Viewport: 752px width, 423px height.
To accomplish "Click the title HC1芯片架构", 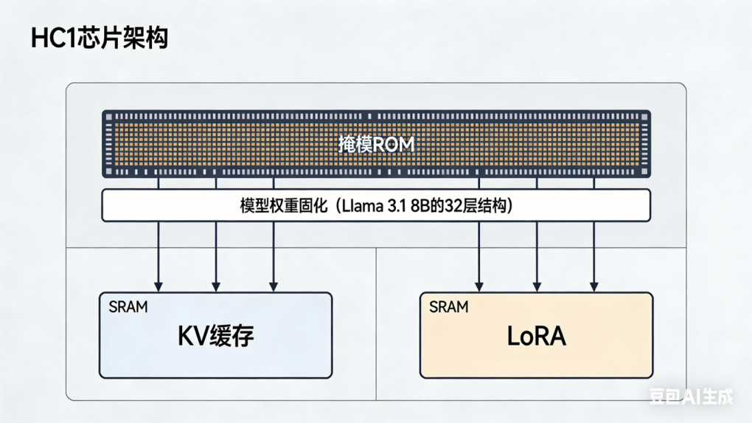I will (x=100, y=38).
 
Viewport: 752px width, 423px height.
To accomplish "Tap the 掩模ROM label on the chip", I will (x=376, y=144).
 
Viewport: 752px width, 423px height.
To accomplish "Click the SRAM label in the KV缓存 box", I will (x=128, y=306).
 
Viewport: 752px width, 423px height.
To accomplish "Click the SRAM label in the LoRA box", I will (x=448, y=306).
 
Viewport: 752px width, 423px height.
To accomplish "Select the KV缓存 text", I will (x=215, y=337).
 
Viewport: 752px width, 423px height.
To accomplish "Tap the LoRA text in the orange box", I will (x=536, y=337).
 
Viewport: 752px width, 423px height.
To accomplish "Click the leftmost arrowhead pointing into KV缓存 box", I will (x=159, y=286).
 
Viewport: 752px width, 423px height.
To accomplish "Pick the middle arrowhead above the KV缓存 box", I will (x=216, y=286).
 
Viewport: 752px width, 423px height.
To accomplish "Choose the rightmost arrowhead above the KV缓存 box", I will (x=274, y=286).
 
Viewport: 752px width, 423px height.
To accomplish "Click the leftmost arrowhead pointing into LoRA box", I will (x=479, y=286).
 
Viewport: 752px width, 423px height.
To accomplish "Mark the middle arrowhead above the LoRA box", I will (x=537, y=286).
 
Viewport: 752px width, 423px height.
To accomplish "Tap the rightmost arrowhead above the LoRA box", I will (x=594, y=286).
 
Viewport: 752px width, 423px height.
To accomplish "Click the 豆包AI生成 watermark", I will (x=691, y=397).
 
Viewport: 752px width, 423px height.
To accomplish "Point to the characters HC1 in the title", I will (x=52, y=38).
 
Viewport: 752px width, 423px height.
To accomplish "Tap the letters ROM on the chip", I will (x=394, y=144).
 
